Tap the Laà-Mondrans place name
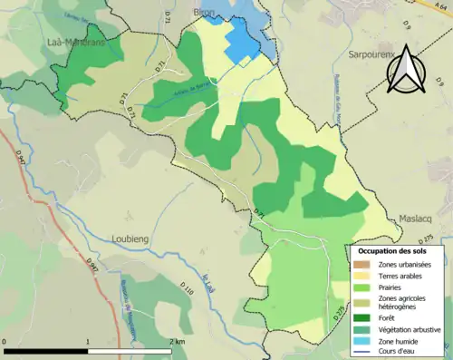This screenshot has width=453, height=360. click(x=77, y=42)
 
